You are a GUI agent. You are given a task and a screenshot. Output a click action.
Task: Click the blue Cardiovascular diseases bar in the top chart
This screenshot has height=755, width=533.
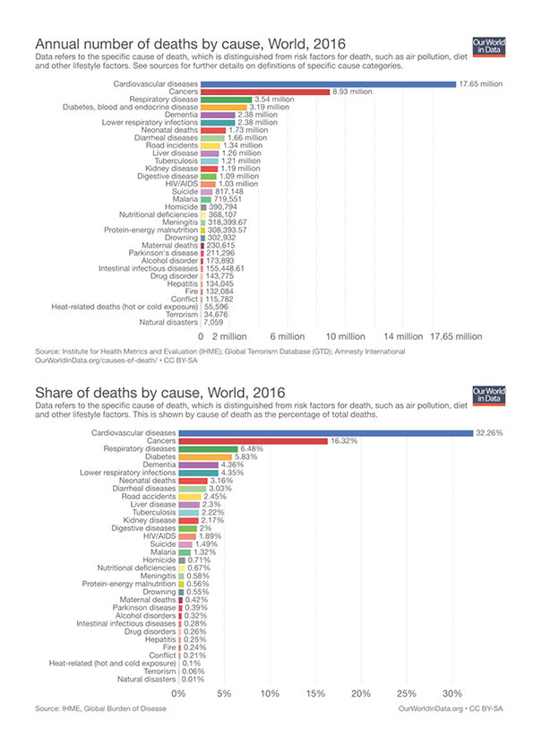coord(328,84)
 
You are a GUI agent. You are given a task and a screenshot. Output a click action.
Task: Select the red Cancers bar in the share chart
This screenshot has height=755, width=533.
coord(253,441)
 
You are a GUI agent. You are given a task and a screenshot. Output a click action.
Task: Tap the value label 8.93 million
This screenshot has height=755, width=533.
coord(352,91)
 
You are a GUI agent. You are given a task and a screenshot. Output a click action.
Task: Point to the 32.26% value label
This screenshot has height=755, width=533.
coord(489,433)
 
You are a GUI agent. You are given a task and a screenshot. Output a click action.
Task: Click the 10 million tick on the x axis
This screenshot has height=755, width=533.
coord(346,336)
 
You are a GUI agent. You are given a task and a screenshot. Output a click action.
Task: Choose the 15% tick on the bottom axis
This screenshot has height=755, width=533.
coord(315,694)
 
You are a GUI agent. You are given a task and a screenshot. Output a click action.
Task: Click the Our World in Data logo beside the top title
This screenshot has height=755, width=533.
coord(489,47)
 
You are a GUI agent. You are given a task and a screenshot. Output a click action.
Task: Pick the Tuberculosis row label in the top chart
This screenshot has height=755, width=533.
coord(176,161)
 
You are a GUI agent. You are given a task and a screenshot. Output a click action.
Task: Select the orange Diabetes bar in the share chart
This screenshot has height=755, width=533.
coord(205,457)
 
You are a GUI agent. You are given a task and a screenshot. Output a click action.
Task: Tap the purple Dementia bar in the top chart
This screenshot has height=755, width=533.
coord(218,115)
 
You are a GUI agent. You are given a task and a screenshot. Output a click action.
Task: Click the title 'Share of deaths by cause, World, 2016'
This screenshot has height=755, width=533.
coord(160,393)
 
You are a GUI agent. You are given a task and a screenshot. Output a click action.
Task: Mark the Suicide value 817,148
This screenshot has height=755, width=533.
coord(228,192)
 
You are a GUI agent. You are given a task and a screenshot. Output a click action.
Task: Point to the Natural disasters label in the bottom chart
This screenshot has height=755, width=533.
coord(147,680)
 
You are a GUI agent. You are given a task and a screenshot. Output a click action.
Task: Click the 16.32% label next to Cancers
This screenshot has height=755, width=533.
coord(344,441)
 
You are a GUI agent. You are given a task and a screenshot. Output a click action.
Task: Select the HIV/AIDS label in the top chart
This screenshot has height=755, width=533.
coord(182,184)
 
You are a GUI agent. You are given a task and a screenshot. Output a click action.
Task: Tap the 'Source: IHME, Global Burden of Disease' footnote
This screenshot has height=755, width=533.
coord(100,708)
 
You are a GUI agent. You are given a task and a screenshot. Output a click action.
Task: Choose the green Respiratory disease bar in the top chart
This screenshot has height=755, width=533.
coord(226,100)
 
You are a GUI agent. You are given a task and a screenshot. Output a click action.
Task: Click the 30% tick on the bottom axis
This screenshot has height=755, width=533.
coord(452,694)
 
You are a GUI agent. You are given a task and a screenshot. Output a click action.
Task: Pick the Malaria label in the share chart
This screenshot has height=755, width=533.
coord(163,552)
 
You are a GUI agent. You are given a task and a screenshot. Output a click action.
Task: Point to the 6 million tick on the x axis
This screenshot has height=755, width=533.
coord(288,336)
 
